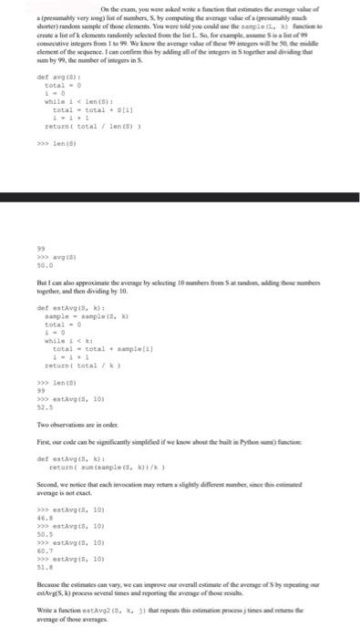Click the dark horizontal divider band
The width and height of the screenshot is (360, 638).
[180, 196]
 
